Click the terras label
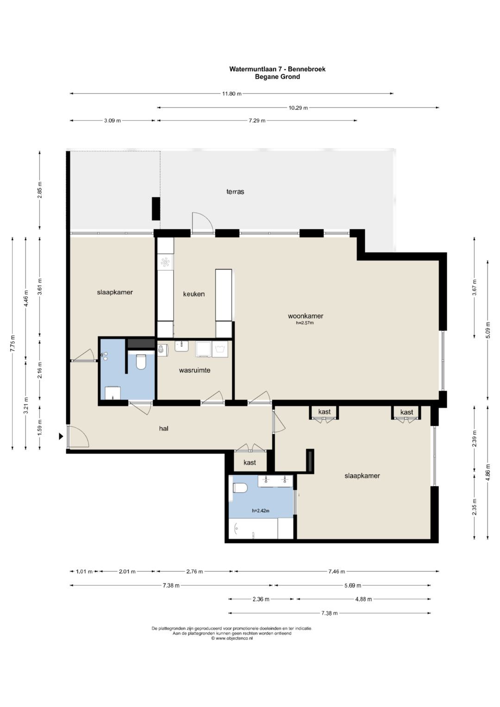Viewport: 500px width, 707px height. click(235, 192)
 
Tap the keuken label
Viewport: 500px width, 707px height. click(194, 294)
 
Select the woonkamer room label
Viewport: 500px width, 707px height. click(306, 316)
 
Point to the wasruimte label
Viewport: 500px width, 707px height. click(194, 370)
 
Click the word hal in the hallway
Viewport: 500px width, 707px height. click(164, 428)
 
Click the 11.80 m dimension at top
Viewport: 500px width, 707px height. click(231, 94)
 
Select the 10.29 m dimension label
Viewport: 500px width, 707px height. click(298, 107)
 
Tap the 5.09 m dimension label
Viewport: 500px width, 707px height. click(488, 330)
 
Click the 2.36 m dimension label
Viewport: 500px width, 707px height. click(261, 599)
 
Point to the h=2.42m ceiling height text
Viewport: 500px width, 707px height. click(260, 511)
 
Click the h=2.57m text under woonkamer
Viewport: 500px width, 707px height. click(305, 323)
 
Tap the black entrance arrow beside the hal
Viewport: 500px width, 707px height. click(61, 436)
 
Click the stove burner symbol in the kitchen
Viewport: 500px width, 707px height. click(165, 262)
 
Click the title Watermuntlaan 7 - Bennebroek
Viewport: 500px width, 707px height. click(277, 69)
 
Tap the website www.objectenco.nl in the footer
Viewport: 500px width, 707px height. click(232, 638)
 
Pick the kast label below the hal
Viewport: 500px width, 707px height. click(250, 463)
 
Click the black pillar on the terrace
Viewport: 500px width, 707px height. click(156, 209)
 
